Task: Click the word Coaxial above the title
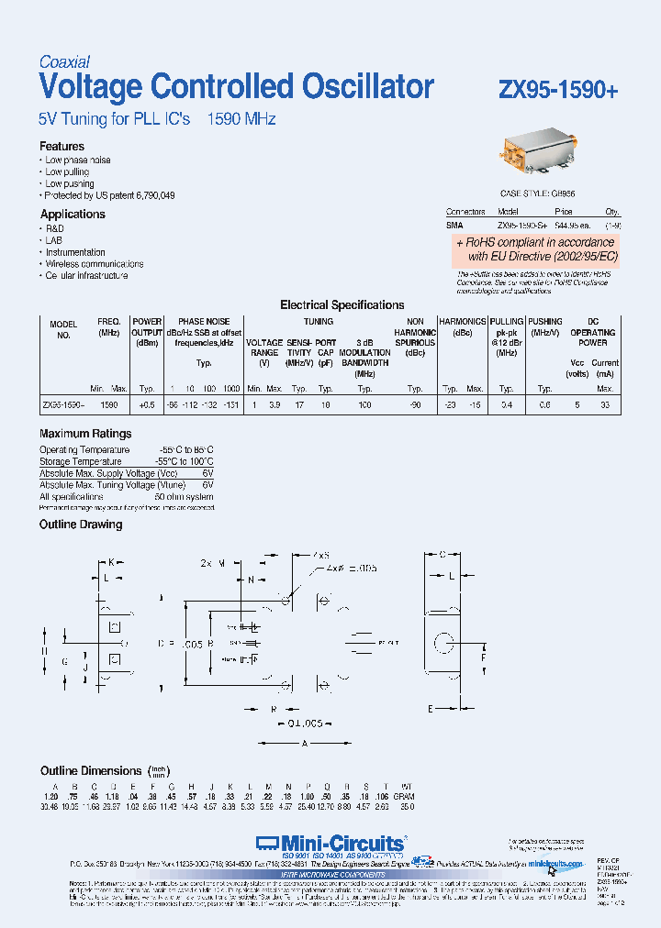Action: [x=64, y=62]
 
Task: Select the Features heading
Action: [x=62, y=147]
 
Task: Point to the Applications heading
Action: [x=73, y=215]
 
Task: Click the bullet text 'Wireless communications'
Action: [x=95, y=264]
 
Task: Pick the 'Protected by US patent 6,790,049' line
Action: [x=110, y=195]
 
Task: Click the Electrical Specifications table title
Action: [x=342, y=305]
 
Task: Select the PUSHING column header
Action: [x=544, y=323]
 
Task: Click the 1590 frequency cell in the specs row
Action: [x=108, y=404]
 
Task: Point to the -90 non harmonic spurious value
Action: [x=415, y=404]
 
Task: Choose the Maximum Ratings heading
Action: [x=85, y=434]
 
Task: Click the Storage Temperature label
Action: [x=84, y=461]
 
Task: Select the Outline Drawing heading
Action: [x=81, y=525]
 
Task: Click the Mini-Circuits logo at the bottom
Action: [x=330, y=842]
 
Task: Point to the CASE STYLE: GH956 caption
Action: [x=537, y=194]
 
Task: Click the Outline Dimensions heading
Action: [x=91, y=771]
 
